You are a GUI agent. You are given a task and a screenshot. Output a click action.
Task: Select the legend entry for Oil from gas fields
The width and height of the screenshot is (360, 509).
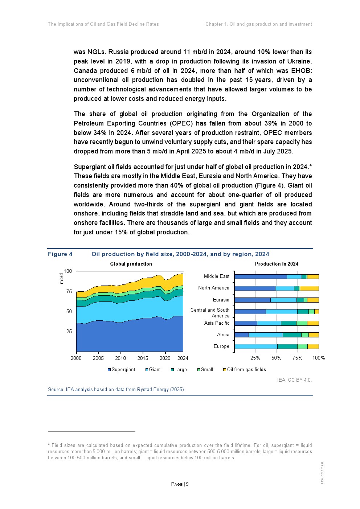coord(246,370)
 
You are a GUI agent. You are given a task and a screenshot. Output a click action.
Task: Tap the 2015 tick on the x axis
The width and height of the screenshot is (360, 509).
coord(143,358)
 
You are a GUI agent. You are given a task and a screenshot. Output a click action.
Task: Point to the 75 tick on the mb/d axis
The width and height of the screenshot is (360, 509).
coord(69,291)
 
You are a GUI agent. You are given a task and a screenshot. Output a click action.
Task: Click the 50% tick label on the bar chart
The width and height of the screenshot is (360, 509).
coord(276,358)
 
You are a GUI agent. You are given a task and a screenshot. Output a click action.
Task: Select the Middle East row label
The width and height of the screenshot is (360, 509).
coord(217,276)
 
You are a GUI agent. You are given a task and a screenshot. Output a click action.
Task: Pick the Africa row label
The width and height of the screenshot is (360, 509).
coord(223,335)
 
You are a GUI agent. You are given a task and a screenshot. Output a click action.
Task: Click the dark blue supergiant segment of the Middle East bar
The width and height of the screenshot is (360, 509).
coord(261,277)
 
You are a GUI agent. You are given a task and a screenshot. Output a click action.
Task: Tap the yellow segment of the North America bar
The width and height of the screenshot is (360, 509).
coord(309,288)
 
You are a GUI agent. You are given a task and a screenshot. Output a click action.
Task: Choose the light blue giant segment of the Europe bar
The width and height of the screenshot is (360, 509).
coord(256,346)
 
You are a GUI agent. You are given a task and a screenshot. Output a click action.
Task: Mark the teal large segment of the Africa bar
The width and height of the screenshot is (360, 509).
coord(292,335)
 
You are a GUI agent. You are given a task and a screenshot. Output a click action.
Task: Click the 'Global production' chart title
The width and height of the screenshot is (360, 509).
coord(131,264)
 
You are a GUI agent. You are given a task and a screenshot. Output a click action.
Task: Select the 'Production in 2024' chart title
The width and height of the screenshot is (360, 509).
coord(277,264)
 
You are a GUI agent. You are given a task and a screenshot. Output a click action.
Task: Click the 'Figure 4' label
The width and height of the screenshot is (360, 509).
coord(60,254)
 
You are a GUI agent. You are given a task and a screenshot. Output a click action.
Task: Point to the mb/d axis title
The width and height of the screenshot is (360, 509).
coord(61,278)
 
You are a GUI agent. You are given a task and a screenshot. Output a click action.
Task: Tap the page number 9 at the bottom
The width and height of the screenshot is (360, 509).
coord(187,484)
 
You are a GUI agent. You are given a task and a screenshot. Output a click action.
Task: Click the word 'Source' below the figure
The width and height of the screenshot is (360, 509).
coord(56,390)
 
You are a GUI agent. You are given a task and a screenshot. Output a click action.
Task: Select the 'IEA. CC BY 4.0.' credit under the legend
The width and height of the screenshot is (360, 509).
coord(294,380)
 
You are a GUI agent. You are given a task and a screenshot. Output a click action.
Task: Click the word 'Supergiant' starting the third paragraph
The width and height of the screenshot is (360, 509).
coord(90,167)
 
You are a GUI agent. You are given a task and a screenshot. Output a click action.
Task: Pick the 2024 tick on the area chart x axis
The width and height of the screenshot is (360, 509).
coord(183,358)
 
